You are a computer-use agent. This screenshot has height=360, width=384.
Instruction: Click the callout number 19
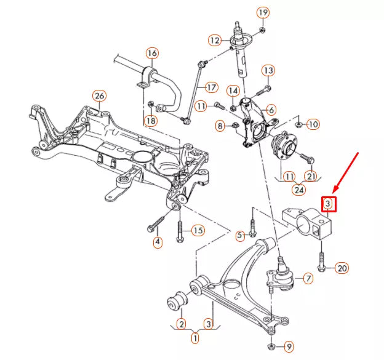coord(263,13)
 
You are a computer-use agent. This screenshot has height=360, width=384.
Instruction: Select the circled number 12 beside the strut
coord(214,41)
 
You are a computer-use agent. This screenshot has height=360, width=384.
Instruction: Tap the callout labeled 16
coord(151,53)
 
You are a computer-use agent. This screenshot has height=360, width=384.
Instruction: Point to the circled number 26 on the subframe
coord(99,95)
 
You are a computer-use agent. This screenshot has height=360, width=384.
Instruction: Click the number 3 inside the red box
coord(328,203)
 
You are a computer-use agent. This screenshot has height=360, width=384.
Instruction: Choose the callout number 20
coord(342,268)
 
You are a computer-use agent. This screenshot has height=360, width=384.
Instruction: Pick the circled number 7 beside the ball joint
coord(308,278)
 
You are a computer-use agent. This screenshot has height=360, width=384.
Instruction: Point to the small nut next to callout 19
coord(263,29)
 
